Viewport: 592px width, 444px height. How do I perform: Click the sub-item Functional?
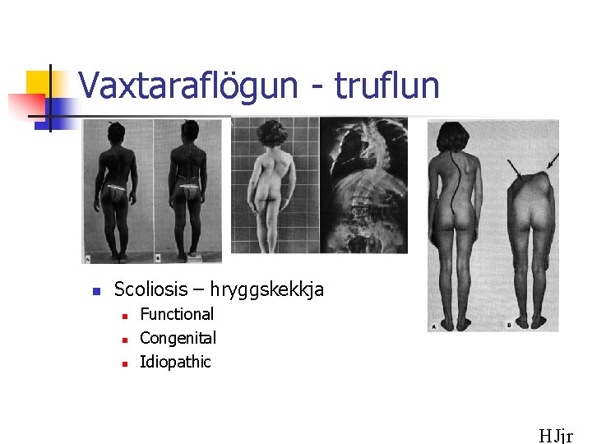(x=177, y=314)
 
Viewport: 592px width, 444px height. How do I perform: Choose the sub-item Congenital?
(x=178, y=338)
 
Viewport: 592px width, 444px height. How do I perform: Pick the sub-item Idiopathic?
(x=175, y=362)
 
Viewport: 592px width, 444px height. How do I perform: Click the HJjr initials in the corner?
(x=556, y=436)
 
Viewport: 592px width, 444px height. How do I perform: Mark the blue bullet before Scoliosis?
(x=95, y=291)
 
